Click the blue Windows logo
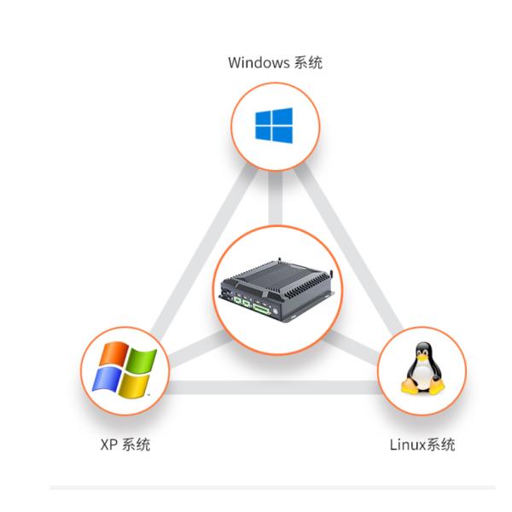(x=274, y=127)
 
